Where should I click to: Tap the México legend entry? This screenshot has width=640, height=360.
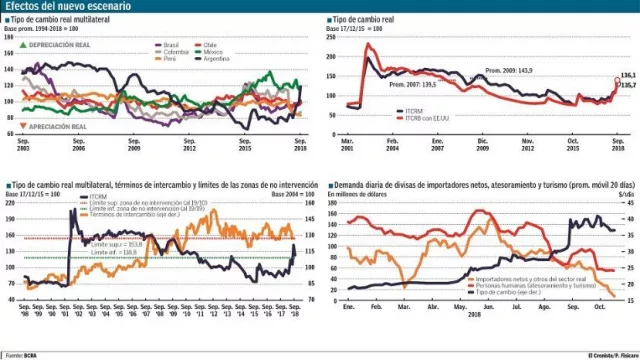click(215, 52)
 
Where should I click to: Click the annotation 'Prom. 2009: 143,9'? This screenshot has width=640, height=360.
click(508, 70)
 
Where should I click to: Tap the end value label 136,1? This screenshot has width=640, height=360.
click(629, 75)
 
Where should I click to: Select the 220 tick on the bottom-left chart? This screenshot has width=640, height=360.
click(11, 203)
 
